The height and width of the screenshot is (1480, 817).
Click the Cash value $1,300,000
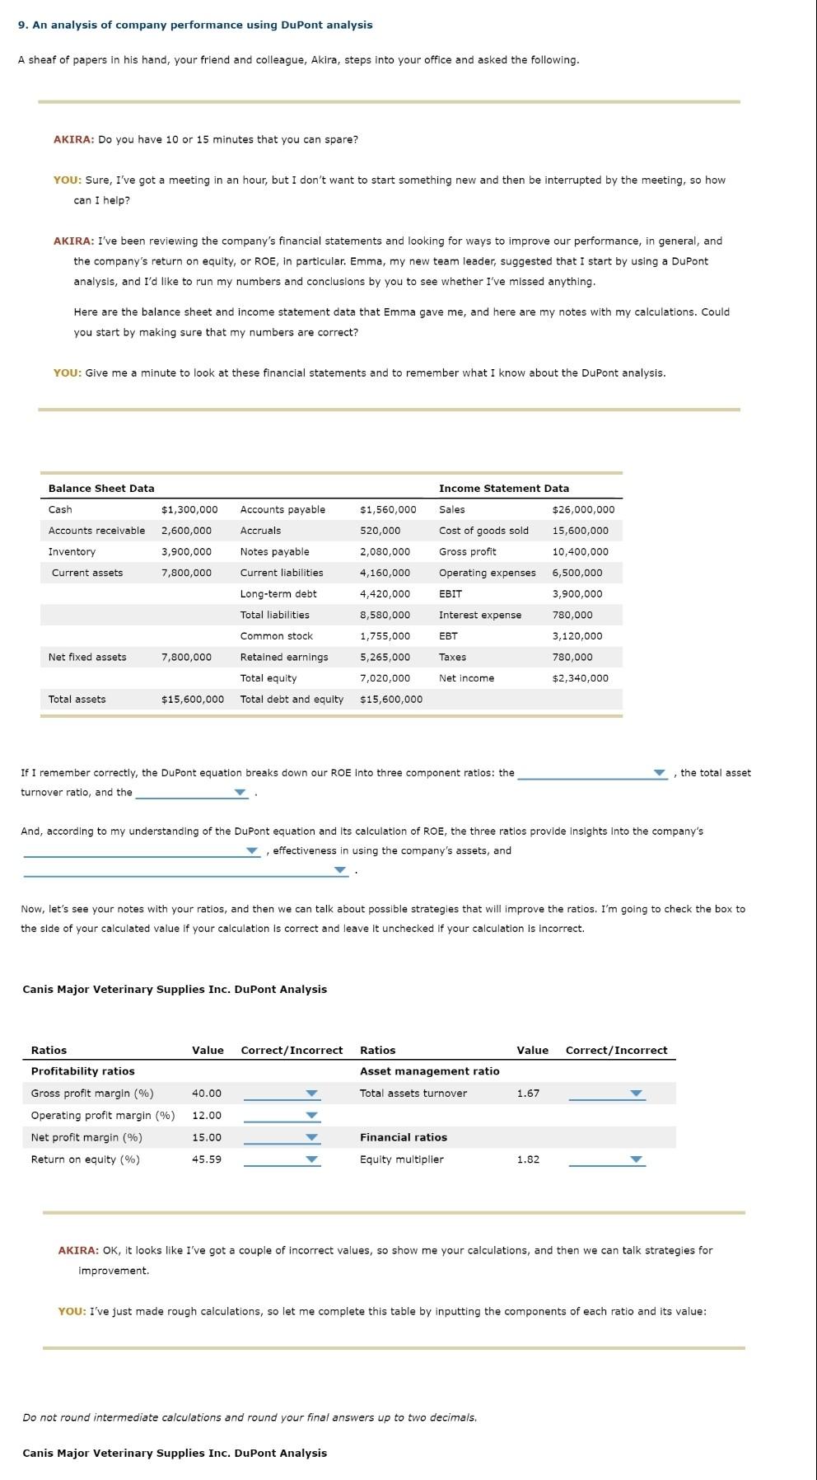[x=189, y=509]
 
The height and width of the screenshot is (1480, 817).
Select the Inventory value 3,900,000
[x=186, y=551]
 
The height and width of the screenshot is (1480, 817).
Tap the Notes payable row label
[x=274, y=551]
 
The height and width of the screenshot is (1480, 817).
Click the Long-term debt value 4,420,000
[x=385, y=593]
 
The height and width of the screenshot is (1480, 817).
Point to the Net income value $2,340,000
[x=580, y=678]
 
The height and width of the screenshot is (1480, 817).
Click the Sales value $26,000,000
[x=583, y=509]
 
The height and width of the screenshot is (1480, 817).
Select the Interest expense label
[x=479, y=615]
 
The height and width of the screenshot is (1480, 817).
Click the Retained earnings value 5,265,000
[x=385, y=657]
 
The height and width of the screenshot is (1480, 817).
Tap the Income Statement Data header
[x=503, y=488]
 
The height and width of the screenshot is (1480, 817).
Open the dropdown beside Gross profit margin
[x=281, y=1094]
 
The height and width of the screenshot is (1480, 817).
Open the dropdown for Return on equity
[x=281, y=1159]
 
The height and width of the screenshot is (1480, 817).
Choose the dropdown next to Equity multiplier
[x=606, y=1159]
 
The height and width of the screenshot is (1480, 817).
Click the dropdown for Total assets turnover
[x=606, y=1094]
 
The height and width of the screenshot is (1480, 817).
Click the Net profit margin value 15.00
[x=206, y=1137]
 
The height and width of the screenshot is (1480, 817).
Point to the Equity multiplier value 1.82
[x=528, y=1159]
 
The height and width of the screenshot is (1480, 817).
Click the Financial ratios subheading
[x=403, y=1137]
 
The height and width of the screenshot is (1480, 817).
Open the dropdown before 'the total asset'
[x=592, y=773]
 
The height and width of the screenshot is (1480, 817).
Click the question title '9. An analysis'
[x=195, y=25]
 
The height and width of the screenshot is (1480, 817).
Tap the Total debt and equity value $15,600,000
[x=391, y=699]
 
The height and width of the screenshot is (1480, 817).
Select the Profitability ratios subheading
[x=82, y=1071]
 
